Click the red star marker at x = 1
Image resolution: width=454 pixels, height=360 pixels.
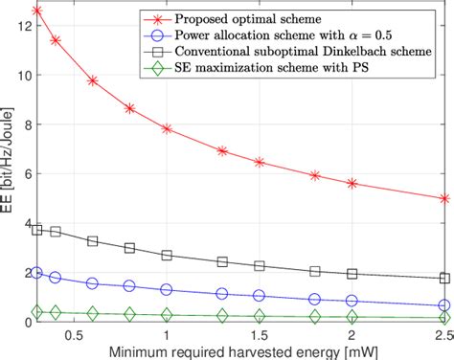tap(167, 128)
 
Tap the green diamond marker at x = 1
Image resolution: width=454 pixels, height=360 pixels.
tap(167, 314)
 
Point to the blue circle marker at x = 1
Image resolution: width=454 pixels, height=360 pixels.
tap(167, 289)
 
